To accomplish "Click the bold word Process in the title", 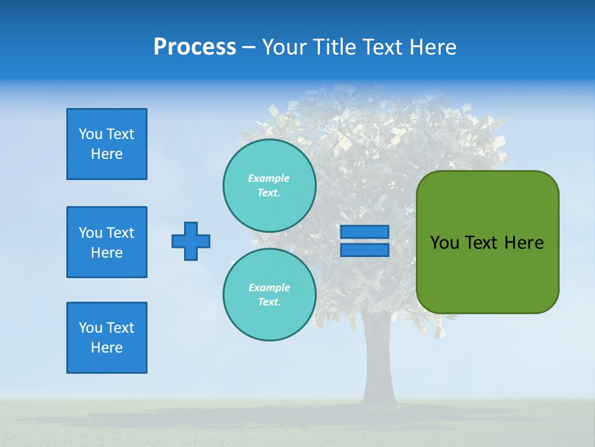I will [195, 47].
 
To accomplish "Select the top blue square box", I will [107, 144].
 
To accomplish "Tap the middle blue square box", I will [107, 242].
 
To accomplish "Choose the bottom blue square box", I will [107, 338].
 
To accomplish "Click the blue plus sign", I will [191, 241].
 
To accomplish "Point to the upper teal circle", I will [270, 186].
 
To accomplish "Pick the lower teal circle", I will [270, 295].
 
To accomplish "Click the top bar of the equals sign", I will [364, 232].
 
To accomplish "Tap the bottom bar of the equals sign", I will [364, 250].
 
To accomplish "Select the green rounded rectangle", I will [487, 242].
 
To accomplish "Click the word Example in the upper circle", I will [269, 178].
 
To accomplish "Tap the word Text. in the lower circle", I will [269, 302].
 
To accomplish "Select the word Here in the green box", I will [524, 243].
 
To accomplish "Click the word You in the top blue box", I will [89, 134].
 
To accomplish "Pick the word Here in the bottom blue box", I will [107, 348].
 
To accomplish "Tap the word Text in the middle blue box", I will [120, 233].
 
